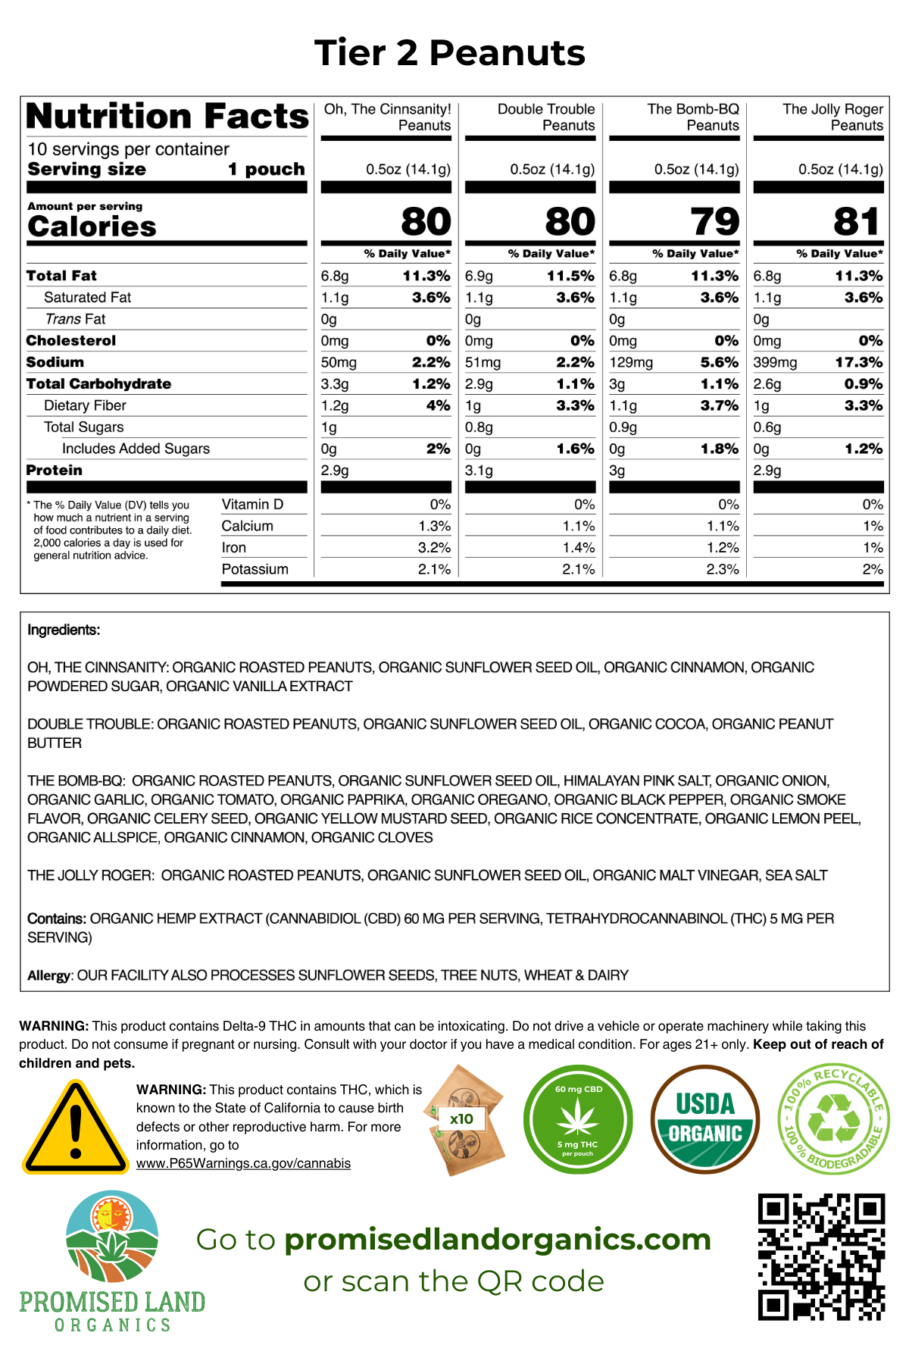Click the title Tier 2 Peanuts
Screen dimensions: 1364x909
click(x=450, y=53)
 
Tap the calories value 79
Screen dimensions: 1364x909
click(x=714, y=221)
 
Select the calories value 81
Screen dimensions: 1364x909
click(x=857, y=221)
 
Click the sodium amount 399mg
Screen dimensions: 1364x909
click(x=775, y=363)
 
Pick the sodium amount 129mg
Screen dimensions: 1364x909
click(x=631, y=363)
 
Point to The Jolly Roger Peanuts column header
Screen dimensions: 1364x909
click(x=832, y=117)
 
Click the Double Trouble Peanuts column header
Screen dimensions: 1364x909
click(x=545, y=117)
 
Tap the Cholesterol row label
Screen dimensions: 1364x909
click(x=71, y=341)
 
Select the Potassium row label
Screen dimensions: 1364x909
click(x=255, y=569)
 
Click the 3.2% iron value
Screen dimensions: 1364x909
click(x=434, y=548)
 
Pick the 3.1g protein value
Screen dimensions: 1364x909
click(x=479, y=471)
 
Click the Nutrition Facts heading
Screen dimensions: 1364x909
click(x=167, y=117)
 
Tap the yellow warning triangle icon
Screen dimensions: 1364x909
click(x=75, y=1128)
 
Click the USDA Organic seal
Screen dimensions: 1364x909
click(x=704, y=1119)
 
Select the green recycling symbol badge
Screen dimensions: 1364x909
click(x=833, y=1119)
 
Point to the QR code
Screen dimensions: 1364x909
click(x=821, y=1258)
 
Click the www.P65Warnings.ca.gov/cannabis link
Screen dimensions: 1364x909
click(x=243, y=1163)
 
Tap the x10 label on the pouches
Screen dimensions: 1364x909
click(x=461, y=1118)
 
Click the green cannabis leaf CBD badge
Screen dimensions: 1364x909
click(x=578, y=1119)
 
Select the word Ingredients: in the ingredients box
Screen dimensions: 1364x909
click(x=64, y=630)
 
